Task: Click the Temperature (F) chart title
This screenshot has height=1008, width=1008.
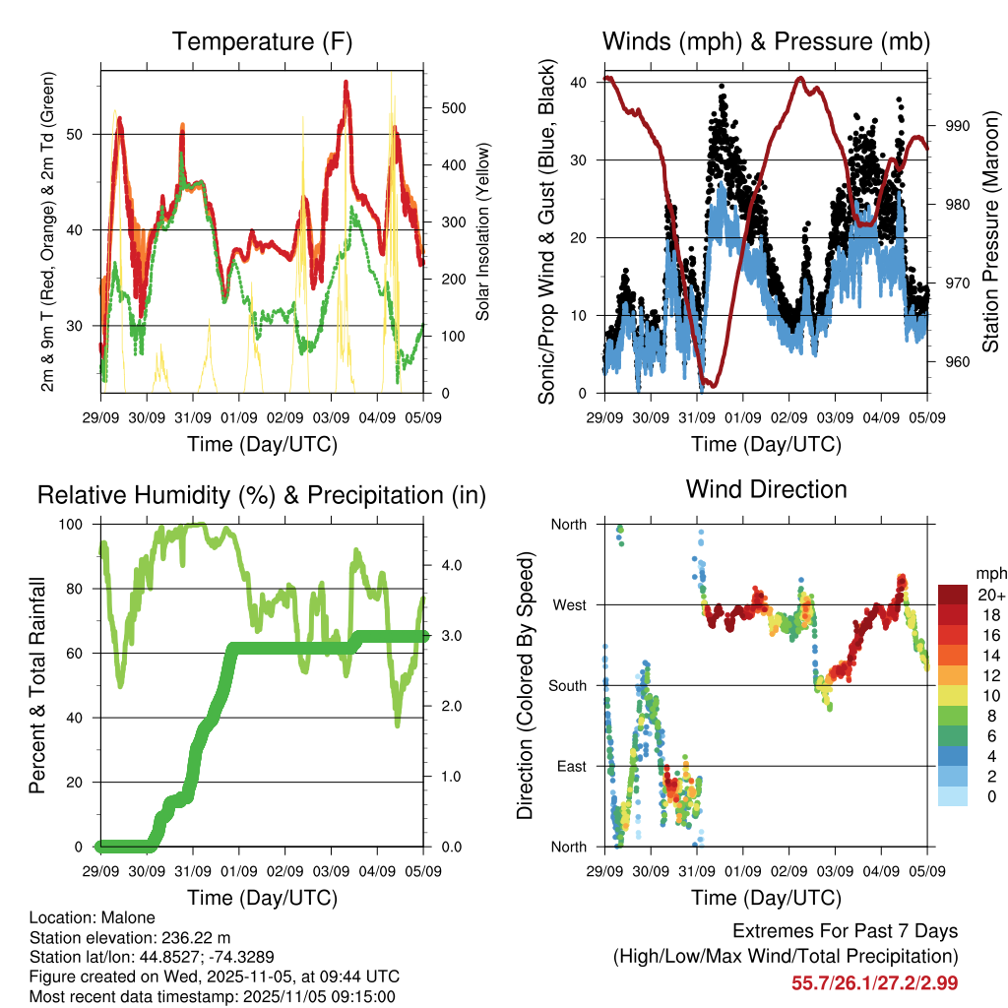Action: [262, 41]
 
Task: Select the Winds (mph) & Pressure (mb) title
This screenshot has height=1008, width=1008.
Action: [766, 41]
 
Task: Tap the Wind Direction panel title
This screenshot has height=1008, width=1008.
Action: [766, 488]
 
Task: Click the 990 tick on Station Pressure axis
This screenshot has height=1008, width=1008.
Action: [958, 126]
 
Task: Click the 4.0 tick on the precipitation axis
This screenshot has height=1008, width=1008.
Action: [451, 565]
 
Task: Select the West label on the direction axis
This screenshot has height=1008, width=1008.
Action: [568, 604]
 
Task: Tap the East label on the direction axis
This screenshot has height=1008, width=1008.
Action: [570, 766]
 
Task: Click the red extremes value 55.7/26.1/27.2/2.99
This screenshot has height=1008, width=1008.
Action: [874, 982]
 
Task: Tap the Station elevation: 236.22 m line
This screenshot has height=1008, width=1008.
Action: [130, 937]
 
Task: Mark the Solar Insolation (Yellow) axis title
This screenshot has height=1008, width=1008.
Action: [483, 233]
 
